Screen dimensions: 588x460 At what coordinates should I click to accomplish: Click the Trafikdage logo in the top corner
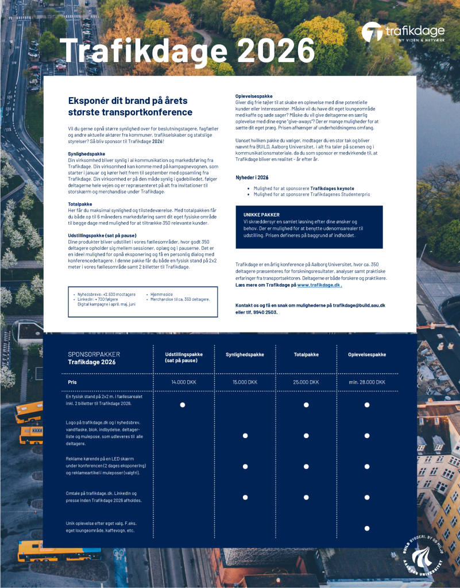[402, 32]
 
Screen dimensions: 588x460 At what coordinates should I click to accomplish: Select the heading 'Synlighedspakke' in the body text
[83, 154]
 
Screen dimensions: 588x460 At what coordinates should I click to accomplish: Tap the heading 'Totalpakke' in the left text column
[78, 204]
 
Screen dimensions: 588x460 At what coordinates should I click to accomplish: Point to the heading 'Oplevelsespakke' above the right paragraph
[254, 95]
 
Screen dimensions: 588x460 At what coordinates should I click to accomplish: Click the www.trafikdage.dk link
[319, 285]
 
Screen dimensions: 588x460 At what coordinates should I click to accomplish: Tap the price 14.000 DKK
[184, 382]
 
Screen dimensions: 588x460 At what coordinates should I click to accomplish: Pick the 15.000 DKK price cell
[245, 382]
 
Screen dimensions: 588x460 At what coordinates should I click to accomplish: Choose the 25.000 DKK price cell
[306, 382]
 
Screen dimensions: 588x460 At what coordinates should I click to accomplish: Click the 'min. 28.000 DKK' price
[366, 382]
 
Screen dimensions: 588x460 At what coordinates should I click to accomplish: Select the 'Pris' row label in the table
[72, 381]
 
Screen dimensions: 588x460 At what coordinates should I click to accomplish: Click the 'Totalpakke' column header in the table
[306, 354]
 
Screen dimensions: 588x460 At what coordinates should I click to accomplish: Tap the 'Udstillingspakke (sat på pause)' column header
[184, 358]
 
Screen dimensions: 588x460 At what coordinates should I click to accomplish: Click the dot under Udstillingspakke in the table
[183, 405]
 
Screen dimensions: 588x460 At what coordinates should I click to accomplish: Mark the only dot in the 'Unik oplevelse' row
[366, 528]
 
